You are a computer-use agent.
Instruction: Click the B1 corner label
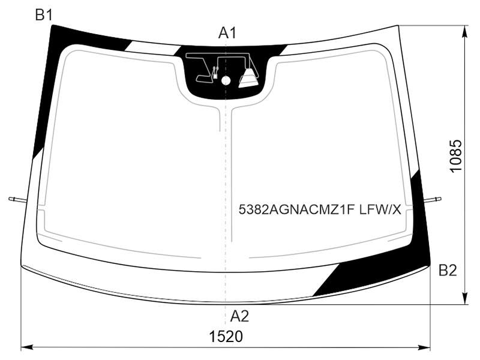pyautogui.click(x=44, y=14)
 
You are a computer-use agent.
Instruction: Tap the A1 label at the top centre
pyautogui.click(x=227, y=33)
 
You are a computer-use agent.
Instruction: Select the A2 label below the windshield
pyautogui.click(x=239, y=316)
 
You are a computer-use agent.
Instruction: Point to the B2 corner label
pyautogui.click(x=448, y=271)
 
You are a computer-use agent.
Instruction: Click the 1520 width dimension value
pyautogui.click(x=226, y=337)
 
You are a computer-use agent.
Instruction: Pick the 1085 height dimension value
pyautogui.click(x=455, y=156)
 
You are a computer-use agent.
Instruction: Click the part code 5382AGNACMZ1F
pyautogui.click(x=296, y=209)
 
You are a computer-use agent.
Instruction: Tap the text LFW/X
pyautogui.click(x=380, y=209)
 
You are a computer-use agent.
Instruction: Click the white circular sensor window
pyautogui.click(x=226, y=80)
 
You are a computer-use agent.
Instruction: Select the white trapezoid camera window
pyautogui.click(x=249, y=79)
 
